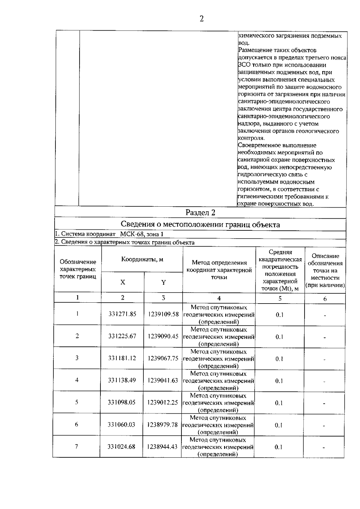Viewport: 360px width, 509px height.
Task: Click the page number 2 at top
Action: (201, 19)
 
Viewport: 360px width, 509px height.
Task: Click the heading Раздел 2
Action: (200, 213)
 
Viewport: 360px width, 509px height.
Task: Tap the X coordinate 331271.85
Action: (122, 314)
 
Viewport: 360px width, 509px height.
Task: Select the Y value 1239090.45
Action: (163, 336)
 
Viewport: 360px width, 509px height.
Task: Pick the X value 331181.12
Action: (122, 358)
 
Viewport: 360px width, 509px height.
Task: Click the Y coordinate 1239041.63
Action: (163, 380)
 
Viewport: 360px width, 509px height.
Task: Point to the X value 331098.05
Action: (122, 402)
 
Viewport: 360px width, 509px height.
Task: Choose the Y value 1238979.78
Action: (162, 425)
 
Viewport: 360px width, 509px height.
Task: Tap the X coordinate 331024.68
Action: (121, 447)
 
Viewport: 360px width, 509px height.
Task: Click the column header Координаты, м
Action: (142, 259)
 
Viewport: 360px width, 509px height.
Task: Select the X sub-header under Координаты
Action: (123, 282)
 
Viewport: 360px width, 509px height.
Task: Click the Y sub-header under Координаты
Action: (163, 282)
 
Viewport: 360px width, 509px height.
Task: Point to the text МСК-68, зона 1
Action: (142, 234)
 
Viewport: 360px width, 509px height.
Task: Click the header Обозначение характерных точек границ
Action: (78, 269)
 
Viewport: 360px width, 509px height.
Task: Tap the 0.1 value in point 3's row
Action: (279, 359)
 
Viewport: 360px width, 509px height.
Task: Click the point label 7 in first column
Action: (76, 446)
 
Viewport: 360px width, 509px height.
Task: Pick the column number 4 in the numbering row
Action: (219, 298)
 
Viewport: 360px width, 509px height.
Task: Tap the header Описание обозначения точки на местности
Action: (325, 271)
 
